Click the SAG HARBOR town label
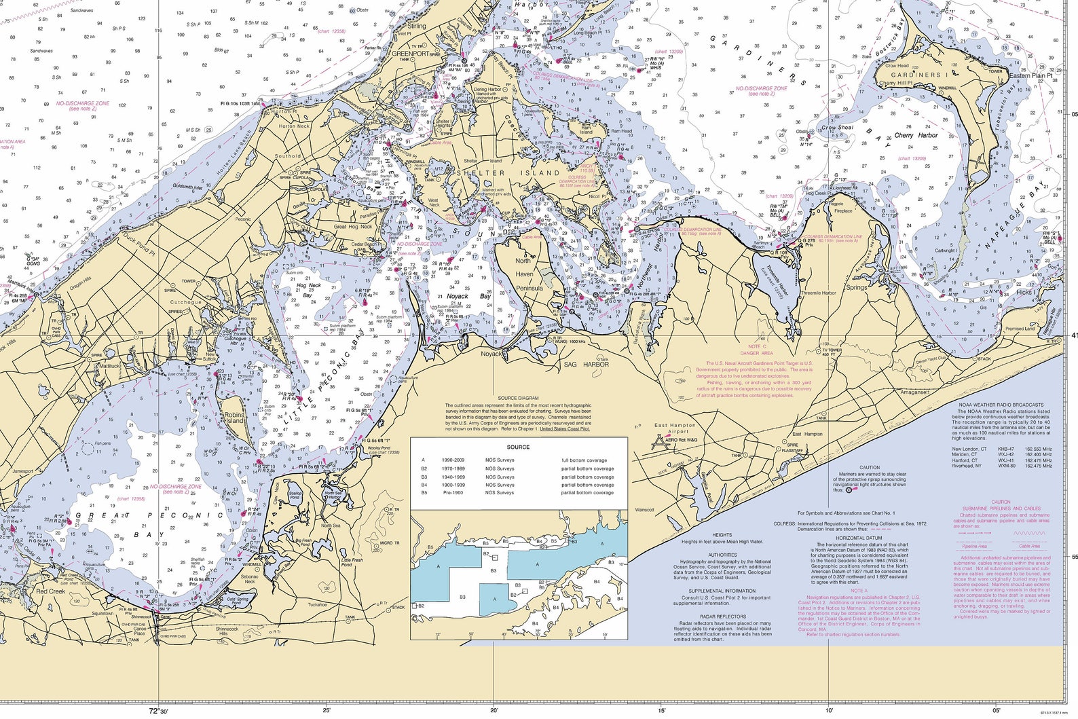click(587, 365)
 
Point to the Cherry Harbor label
click(916, 135)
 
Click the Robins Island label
click(234, 418)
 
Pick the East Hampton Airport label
click(675, 428)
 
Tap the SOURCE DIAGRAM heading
click(518, 399)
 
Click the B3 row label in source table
click(424, 477)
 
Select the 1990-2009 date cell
click(453, 460)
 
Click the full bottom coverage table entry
click(584, 460)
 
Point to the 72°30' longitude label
click(158, 711)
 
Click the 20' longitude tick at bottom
click(494, 711)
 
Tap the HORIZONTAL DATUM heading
click(859, 538)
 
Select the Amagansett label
click(914, 392)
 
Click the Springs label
click(856, 287)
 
